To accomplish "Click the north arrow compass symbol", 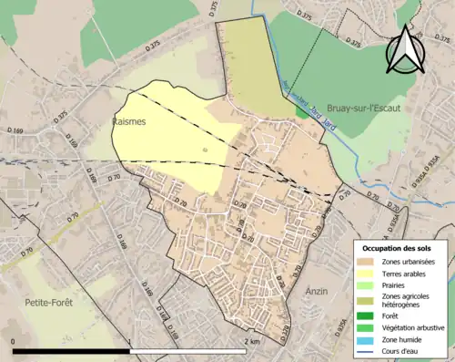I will coord(405,50).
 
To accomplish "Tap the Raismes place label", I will coord(130,120).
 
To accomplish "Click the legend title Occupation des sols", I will coord(399,248).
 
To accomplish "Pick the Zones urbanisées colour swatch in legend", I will coord(369,262).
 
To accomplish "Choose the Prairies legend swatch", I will coord(369,284).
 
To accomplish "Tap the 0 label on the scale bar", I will coord(14,341).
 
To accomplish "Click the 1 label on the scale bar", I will coord(131,341).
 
